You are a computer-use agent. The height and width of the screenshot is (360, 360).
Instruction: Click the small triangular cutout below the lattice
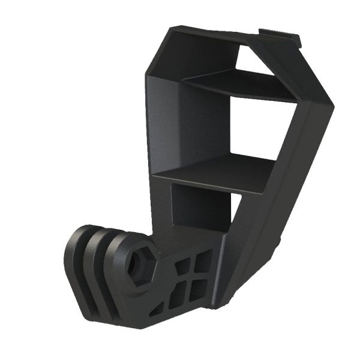pos(157,310)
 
